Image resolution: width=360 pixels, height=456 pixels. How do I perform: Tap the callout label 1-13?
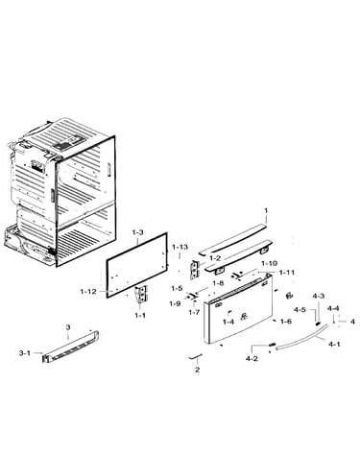180,248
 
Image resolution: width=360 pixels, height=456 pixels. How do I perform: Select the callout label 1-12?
88,292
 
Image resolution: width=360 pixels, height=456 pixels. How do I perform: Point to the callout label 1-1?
140,315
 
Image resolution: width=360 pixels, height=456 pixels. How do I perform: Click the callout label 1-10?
269,264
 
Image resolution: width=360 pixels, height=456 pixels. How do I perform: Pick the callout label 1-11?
287,273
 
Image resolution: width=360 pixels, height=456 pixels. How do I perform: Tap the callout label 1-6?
286,322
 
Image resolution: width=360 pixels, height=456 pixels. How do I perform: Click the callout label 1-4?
228,322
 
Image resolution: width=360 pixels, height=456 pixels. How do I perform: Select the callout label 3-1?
25,353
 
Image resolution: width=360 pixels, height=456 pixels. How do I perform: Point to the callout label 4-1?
334,345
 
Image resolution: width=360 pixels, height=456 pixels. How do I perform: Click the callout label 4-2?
252,359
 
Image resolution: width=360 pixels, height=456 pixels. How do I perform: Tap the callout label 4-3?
319,297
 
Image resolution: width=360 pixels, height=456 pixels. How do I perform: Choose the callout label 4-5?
300,310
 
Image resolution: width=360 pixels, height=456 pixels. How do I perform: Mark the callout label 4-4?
333,308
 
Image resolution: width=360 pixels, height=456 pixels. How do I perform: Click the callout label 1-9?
175,303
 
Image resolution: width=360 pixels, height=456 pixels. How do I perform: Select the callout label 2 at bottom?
197,370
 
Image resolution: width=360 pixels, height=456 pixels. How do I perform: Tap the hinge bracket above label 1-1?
141,294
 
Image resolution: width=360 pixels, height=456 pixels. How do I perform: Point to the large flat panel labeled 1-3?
137,265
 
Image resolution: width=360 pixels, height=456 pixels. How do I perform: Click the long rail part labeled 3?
71,347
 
